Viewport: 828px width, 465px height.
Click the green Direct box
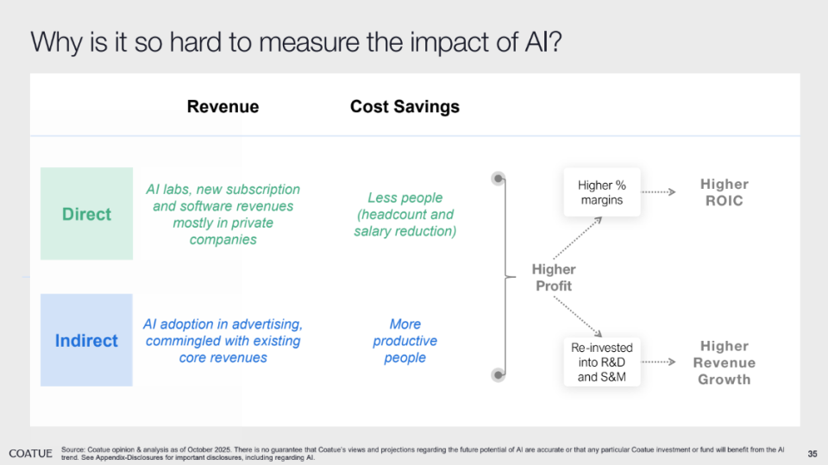(86, 213)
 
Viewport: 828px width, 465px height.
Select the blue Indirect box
(86, 340)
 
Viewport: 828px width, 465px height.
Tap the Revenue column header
(223, 106)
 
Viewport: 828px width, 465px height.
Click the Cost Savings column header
(405, 106)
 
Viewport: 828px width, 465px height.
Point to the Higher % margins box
(601, 192)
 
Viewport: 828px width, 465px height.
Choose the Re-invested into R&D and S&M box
(601, 362)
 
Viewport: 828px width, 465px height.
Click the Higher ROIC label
(724, 192)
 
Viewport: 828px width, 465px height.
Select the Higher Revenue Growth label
(724, 362)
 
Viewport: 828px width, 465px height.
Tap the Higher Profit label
(554, 278)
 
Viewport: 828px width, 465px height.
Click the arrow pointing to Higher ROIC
(658, 192)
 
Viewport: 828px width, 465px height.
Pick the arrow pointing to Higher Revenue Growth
(658, 362)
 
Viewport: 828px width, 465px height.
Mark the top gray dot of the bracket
(498, 179)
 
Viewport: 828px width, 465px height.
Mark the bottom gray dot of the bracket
(498, 374)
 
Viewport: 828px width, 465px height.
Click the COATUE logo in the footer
(31, 454)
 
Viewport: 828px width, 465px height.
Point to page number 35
(812, 454)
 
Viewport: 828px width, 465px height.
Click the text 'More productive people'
(405, 341)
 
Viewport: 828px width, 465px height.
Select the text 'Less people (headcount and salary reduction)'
(405, 214)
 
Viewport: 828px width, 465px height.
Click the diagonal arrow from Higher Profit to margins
(577, 238)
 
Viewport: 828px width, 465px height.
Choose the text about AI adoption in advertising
(223, 341)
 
